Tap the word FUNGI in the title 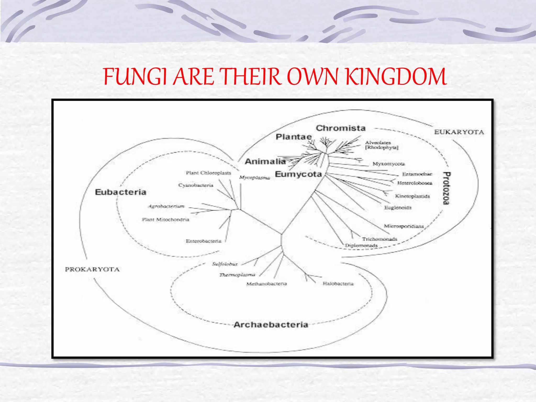click(x=135, y=77)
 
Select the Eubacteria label click(x=120, y=192)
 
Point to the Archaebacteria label click(x=271, y=325)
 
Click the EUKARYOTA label click(x=459, y=132)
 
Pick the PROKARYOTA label click(x=92, y=269)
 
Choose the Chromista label click(x=340, y=128)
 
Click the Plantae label click(x=294, y=137)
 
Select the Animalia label click(x=265, y=161)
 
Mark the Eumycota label click(x=298, y=174)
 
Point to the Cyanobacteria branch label click(x=196, y=185)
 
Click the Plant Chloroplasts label click(x=208, y=173)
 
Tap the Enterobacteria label click(x=204, y=241)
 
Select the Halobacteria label click(x=338, y=284)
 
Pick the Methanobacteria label click(x=266, y=284)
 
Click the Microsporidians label click(x=404, y=226)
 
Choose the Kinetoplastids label click(x=412, y=196)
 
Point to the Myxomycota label click(x=389, y=164)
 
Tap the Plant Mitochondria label click(x=165, y=220)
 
